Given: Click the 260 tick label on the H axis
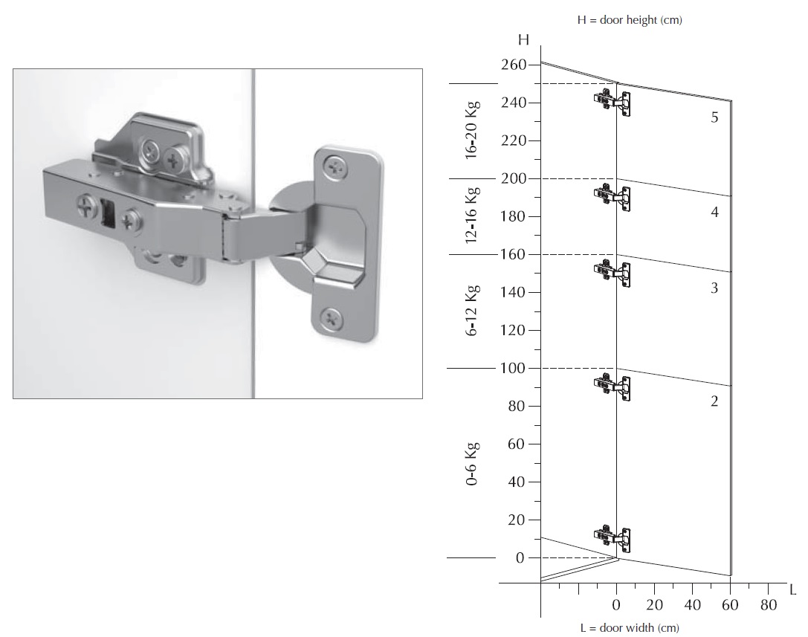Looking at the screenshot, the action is [x=513, y=65].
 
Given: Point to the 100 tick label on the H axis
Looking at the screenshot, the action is [x=512, y=368].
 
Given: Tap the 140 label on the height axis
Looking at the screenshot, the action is [x=513, y=292].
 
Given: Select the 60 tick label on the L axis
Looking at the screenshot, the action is [x=730, y=604].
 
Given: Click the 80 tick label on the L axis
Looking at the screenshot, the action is [x=769, y=604].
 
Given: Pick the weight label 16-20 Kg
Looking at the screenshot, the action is [x=471, y=130].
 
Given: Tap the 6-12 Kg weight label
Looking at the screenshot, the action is [x=471, y=310].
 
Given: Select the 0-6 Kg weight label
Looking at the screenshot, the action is [x=471, y=463].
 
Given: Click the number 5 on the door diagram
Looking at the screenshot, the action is [x=714, y=117].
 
